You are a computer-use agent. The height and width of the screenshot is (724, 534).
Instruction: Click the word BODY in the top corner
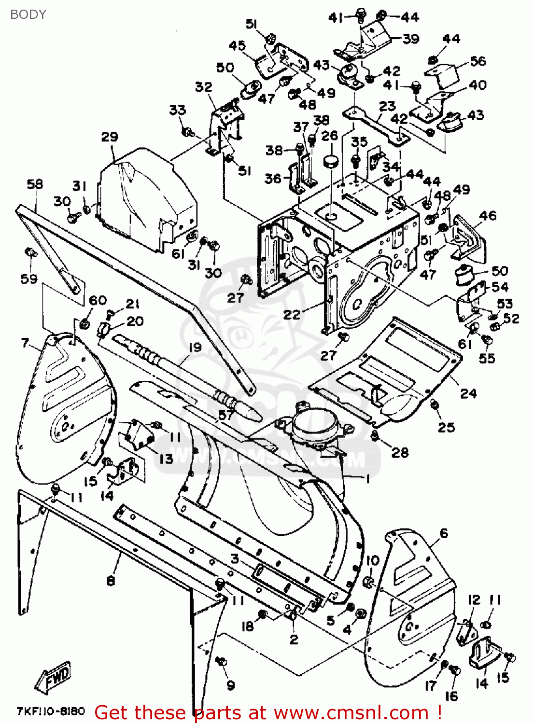(28, 14)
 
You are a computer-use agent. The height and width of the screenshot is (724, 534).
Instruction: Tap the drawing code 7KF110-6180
(51, 711)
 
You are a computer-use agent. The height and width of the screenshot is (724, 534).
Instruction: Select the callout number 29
(110, 137)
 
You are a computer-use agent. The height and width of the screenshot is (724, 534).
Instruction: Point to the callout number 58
(35, 184)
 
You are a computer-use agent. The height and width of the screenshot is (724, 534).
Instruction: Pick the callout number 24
(468, 393)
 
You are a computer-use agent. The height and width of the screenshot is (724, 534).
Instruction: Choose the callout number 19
(195, 347)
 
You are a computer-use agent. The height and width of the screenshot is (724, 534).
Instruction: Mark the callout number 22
(292, 315)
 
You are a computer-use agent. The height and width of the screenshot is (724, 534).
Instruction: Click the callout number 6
(443, 533)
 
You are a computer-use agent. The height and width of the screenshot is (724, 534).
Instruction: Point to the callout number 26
(329, 136)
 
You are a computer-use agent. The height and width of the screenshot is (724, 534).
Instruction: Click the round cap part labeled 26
(330, 161)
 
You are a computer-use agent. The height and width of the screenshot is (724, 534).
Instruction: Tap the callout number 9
(230, 685)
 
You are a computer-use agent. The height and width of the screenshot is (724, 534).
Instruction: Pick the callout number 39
(411, 39)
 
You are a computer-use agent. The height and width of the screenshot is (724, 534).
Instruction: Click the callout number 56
(478, 61)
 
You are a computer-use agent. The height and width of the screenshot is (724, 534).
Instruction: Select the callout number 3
(235, 559)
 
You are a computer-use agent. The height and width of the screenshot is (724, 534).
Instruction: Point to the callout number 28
(400, 452)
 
